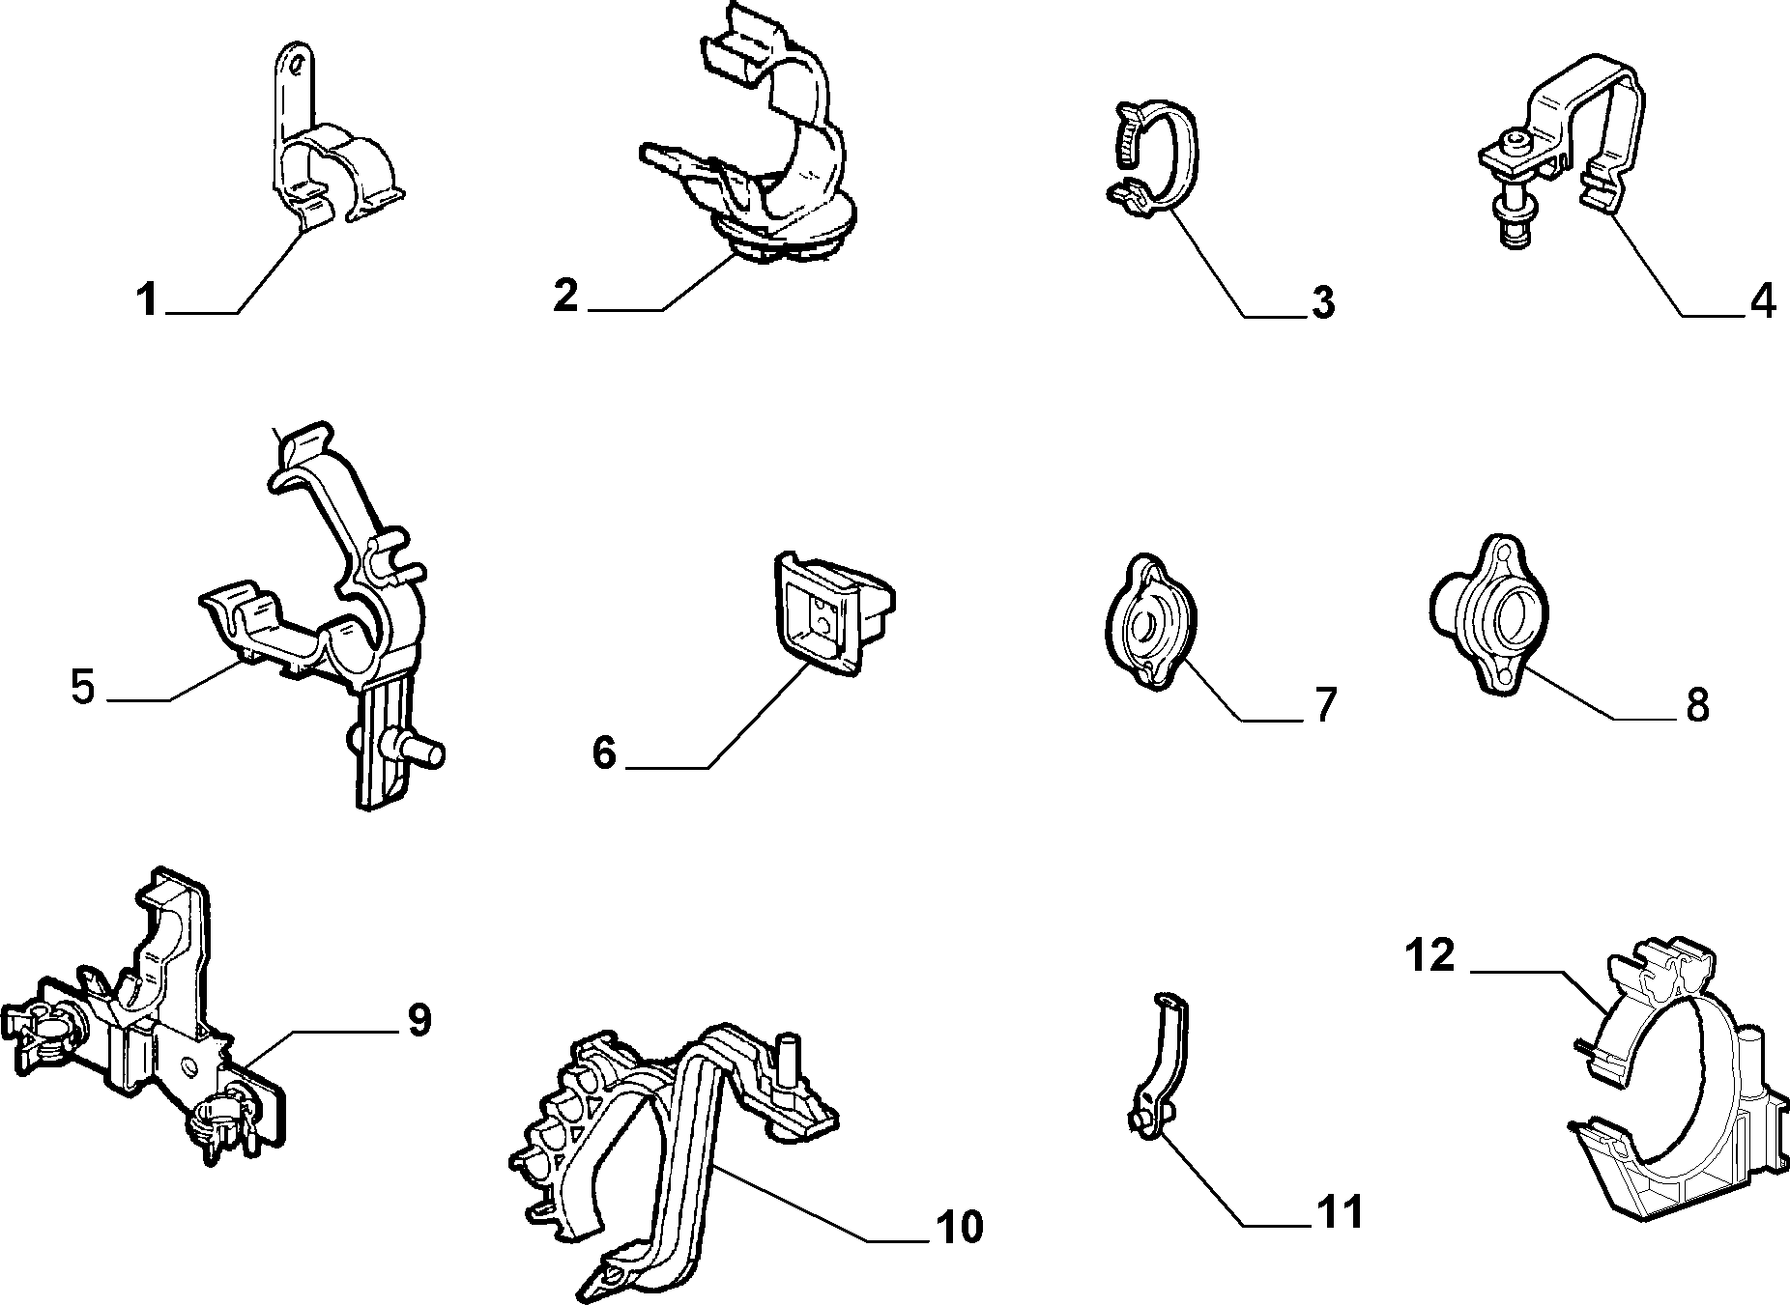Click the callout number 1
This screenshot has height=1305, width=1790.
pos(147,300)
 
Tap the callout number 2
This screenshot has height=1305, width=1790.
pos(566,295)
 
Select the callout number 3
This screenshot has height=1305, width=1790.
pos(1322,302)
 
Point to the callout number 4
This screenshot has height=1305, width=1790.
pos(1763,302)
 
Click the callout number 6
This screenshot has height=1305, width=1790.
pos(604,752)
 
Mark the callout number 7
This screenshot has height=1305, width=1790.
pos(1323,706)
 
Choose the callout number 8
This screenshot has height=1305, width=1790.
pos(1697,706)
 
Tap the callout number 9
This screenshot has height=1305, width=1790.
pos(418,1020)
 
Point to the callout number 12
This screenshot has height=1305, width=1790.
pos(1431,955)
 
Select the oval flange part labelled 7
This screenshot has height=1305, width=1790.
pos(1149,621)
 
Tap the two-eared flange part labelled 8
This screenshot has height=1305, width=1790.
pos(1489,614)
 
